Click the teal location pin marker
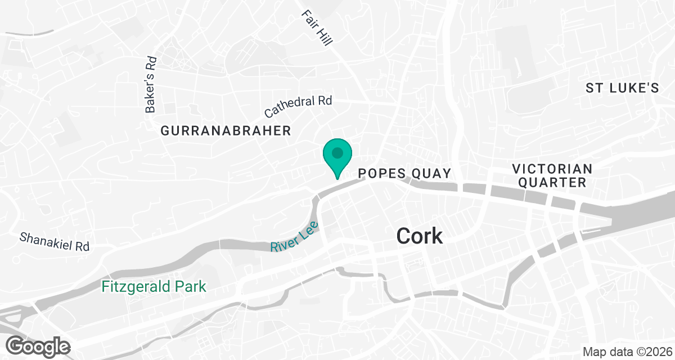click(x=337, y=157)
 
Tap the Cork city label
click(x=420, y=236)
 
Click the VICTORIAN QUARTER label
click(x=552, y=175)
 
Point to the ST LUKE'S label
click(x=622, y=88)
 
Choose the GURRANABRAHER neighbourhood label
click(x=226, y=131)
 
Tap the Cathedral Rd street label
click(x=298, y=106)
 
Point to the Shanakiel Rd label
click(x=55, y=241)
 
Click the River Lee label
click(x=294, y=237)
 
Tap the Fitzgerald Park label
click(x=154, y=287)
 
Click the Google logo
click(x=38, y=346)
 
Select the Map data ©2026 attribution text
click(x=626, y=352)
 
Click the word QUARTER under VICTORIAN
click(x=552, y=182)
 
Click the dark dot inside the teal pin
click(x=337, y=152)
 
